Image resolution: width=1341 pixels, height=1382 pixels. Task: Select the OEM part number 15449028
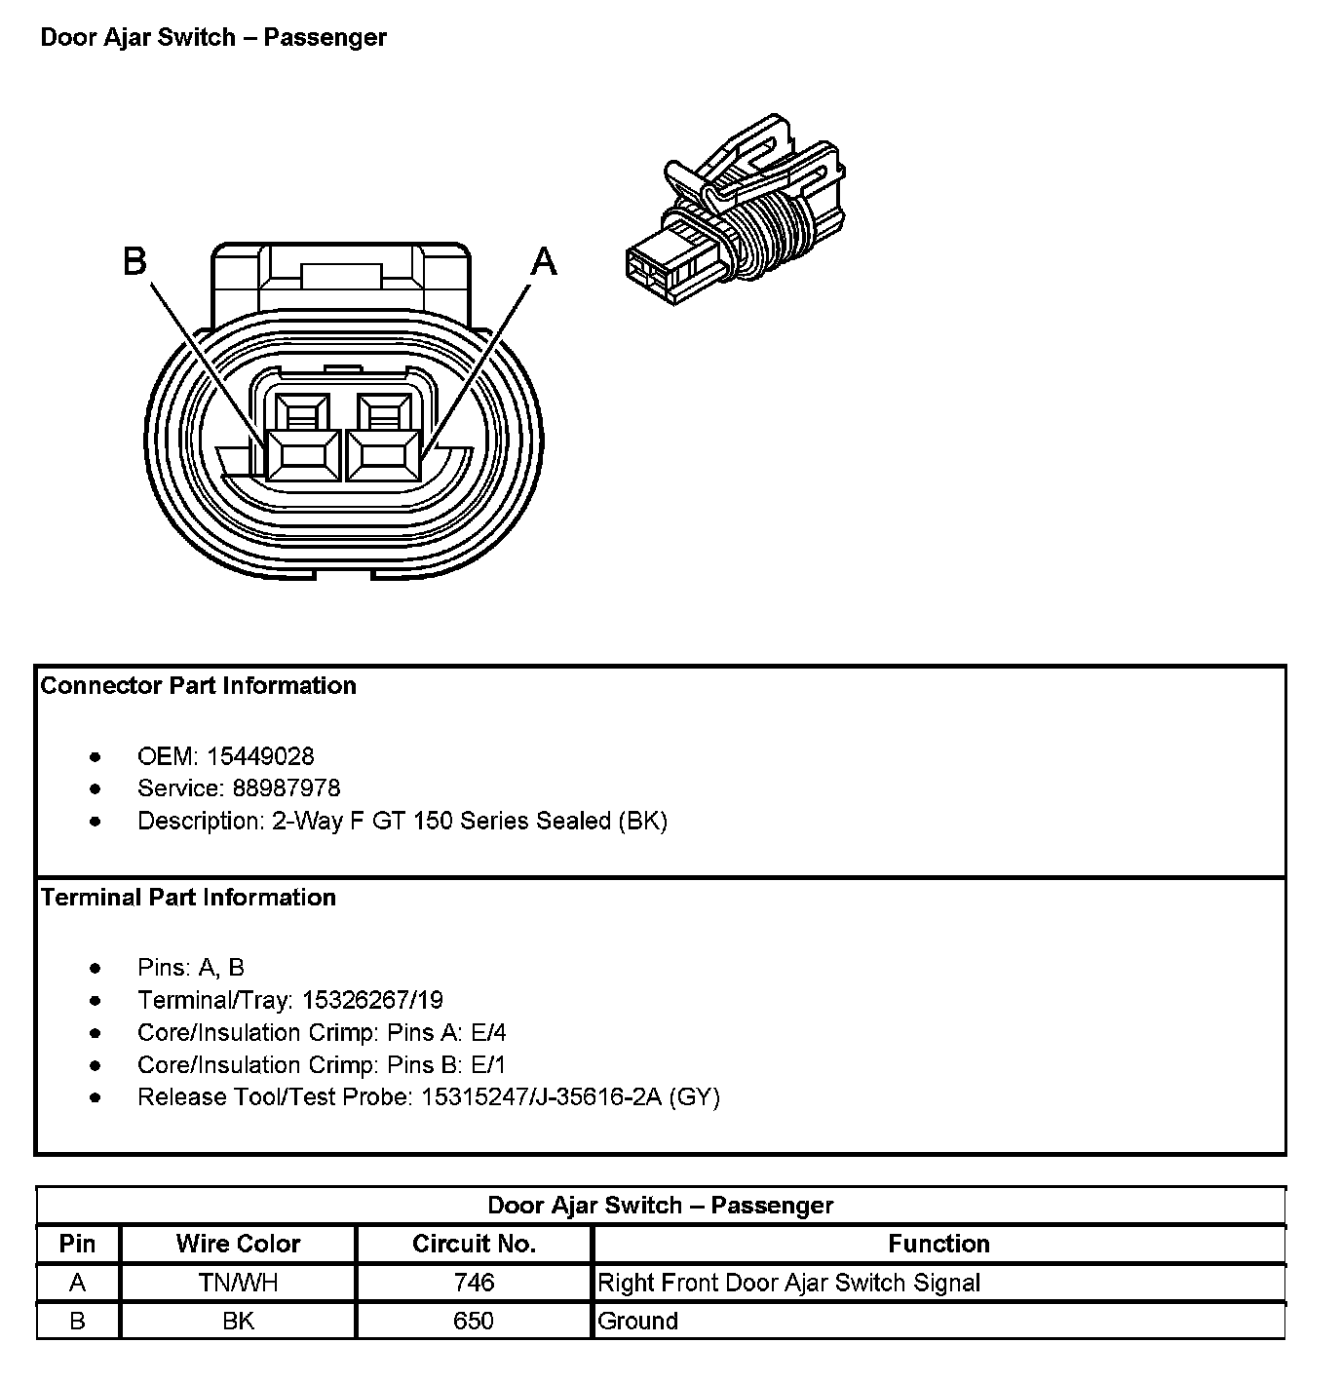click(x=260, y=755)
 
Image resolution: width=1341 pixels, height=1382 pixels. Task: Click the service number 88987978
click(x=286, y=787)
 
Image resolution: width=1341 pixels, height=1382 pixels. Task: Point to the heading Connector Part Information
click(x=198, y=685)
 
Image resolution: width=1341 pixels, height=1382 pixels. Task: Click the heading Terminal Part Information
click(x=188, y=897)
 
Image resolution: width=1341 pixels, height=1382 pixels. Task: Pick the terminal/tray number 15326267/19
click(x=372, y=999)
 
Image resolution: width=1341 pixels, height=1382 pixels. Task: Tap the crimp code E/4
click(x=488, y=1032)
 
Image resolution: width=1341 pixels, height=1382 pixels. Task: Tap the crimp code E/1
click(x=488, y=1064)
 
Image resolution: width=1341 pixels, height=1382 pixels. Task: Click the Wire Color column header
click(x=238, y=1244)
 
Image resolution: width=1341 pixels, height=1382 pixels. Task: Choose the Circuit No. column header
click(x=474, y=1244)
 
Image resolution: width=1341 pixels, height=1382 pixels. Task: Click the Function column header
click(x=939, y=1244)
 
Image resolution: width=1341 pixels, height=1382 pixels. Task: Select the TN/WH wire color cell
click(x=238, y=1283)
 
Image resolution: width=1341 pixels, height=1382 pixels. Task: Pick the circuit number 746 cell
click(x=474, y=1283)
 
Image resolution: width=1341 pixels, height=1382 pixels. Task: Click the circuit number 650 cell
click(x=474, y=1321)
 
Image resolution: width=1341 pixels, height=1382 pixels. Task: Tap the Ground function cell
click(x=637, y=1321)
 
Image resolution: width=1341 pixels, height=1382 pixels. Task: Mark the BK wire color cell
click(x=238, y=1321)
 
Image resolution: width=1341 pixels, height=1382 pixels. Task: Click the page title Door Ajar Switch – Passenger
click(x=213, y=37)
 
